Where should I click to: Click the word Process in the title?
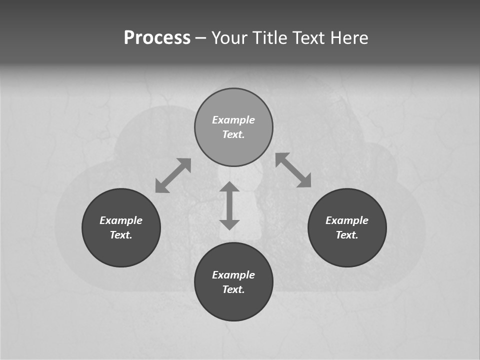coord(157,38)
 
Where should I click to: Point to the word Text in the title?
coord(310,38)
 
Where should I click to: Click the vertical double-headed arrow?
coord(229,205)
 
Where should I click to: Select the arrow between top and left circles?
coord(173,175)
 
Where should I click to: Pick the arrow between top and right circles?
coord(293,170)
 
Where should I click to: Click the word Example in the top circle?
coord(233,120)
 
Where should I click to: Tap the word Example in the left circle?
coord(121,220)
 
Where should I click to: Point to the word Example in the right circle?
coord(347,220)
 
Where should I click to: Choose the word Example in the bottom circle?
coord(233,275)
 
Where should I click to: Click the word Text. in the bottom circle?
coord(233,289)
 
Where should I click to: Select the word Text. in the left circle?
coord(121,235)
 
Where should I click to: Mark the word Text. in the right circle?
coord(347,235)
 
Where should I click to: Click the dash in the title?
coord(200,38)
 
